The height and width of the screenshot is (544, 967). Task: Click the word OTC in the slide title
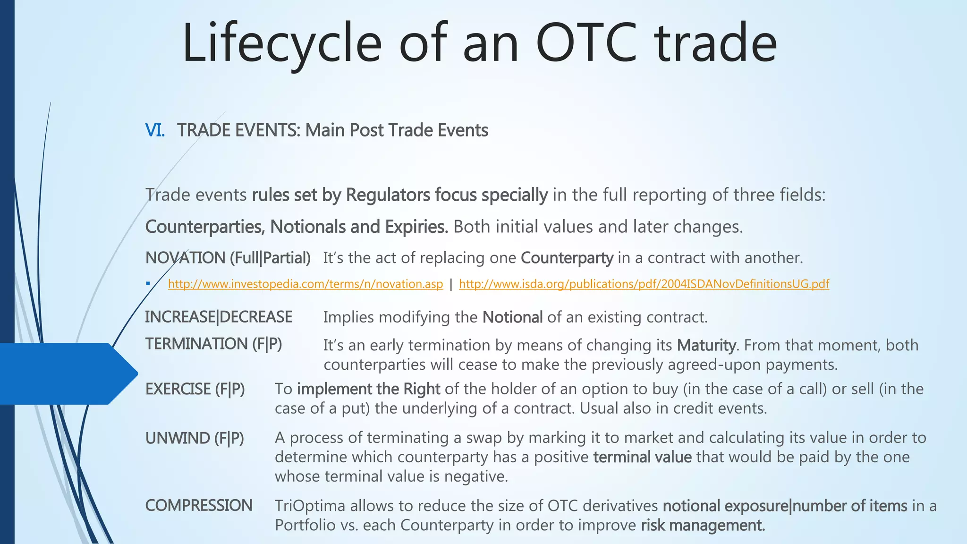(586, 43)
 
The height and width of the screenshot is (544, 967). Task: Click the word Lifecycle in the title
(282, 43)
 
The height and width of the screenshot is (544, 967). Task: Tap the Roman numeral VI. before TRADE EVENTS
(155, 130)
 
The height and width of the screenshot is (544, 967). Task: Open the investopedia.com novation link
(305, 284)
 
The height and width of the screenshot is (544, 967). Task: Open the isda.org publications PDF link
(644, 284)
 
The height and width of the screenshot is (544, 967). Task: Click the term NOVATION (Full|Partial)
(228, 258)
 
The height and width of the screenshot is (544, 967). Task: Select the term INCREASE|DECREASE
(219, 317)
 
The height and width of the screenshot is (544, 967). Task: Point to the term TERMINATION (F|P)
(213, 344)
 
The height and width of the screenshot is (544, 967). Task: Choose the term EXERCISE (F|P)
(195, 389)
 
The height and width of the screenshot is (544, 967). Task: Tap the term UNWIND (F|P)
(195, 438)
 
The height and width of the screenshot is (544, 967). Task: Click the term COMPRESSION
(199, 505)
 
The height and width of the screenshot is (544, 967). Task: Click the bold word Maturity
(706, 345)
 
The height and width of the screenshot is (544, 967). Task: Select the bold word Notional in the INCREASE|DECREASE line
(512, 317)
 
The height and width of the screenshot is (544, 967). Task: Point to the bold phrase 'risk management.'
(703, 525)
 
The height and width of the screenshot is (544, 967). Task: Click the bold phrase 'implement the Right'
(368, 389)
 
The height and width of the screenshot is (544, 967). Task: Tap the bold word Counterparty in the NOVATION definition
(567, 258)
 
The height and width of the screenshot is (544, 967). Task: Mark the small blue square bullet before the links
(148, 284)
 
